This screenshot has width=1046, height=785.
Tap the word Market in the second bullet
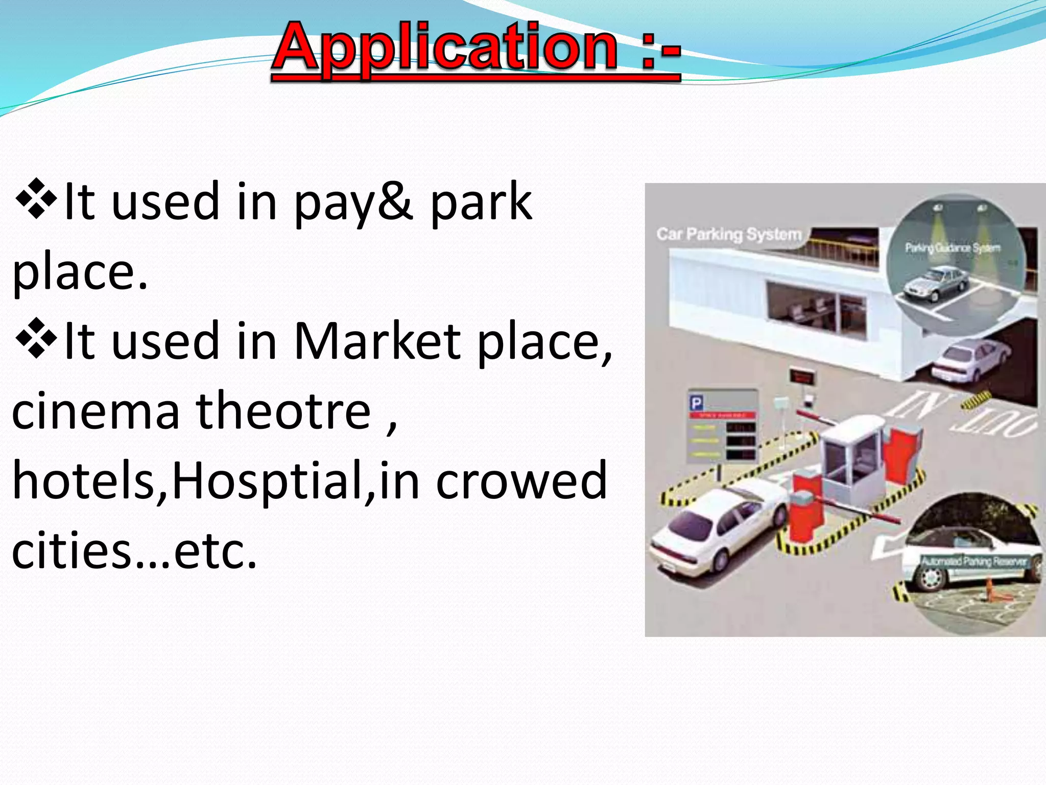(x=378, y=341)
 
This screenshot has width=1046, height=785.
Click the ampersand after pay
(x=395, y=201)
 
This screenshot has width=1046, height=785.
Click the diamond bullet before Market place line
(x=36, y=338)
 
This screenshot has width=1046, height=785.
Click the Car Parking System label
(x=729, y=235)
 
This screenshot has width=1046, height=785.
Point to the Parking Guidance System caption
(x=953, y=248)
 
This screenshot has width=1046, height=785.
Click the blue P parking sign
(x=696, y=404)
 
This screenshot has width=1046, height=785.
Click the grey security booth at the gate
(x=850, y=450)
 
